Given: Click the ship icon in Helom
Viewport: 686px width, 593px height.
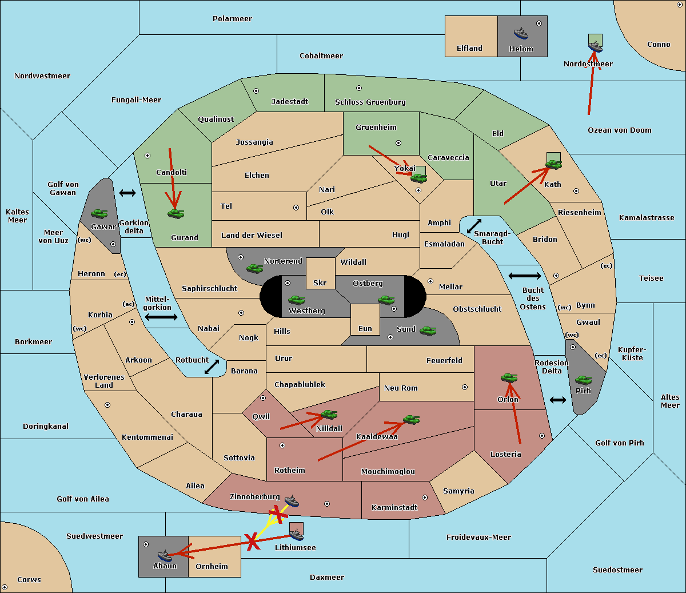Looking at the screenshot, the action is [x=521, y=33].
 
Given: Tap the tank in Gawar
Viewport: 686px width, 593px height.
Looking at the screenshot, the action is [x=99, y=213].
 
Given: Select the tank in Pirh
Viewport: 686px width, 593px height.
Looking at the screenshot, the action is [x=583, y=380].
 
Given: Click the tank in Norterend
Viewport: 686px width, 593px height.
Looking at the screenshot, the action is [x=254, y=268].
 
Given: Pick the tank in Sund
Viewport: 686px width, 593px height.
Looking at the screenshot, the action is [x=428, y=331].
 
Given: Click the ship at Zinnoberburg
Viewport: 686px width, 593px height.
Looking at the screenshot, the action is [x=292, y=500].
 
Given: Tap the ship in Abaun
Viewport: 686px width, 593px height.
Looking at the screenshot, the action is [x=165, y=555].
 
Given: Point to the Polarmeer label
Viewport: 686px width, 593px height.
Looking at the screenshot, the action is [x=232, y=19].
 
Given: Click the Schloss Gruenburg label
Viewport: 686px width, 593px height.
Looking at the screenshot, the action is [x=370, y=102].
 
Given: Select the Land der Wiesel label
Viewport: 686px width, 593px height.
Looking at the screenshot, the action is [x=252, y=235].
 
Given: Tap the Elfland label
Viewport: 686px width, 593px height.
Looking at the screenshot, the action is [x=469, y=48].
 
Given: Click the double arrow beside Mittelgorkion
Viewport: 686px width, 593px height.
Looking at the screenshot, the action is [x=161, y=317].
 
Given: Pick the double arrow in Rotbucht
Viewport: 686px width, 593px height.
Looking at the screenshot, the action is [x=212, y=367].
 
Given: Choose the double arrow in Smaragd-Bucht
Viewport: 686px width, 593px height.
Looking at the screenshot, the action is [x=474, y=226].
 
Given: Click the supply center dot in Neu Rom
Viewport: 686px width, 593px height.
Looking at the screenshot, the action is [x=465, y=387].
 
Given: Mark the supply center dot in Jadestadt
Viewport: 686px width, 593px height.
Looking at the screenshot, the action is [x=256, y=91].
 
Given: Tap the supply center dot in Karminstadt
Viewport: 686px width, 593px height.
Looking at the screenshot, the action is [x=425, y=498].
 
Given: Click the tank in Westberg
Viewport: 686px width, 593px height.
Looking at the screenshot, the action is [x=296, y=300].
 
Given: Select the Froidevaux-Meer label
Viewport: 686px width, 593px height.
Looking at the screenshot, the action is [x=478, y=537].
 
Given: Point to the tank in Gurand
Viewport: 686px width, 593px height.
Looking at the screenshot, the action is [x=176, y=213].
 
